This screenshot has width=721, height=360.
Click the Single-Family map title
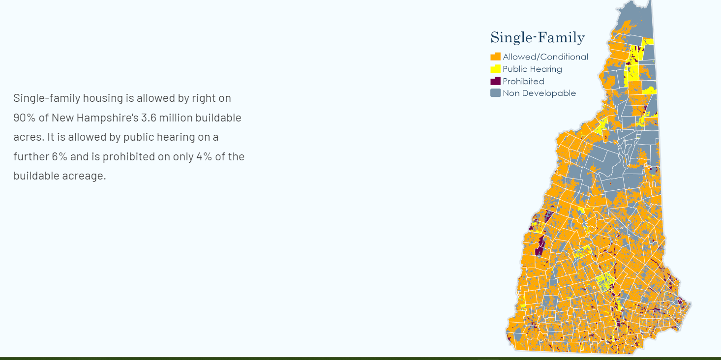click(x=538, y=38)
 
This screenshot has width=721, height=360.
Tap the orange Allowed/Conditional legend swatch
click(x=495, y=57)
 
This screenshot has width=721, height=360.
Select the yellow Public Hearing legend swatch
click(x=495, y=69)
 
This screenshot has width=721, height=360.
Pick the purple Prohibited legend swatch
click(x=495, y=81)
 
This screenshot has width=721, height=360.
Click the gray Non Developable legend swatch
click(x=495, y=93)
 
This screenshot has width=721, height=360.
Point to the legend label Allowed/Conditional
click(x=545, y=57)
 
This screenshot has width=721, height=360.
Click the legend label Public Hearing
click(x=532, y=69)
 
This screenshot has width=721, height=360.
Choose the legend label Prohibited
click(x=523, y=81)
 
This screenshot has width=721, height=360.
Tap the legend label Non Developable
click(x=539, y=93)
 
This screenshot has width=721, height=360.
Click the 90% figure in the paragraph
click(x=25, y=118)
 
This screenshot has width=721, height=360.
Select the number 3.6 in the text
click(x=149, y=118)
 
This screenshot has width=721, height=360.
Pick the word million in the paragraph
click(x=176, y=118)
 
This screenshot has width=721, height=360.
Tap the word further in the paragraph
click(x=31, y=156)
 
